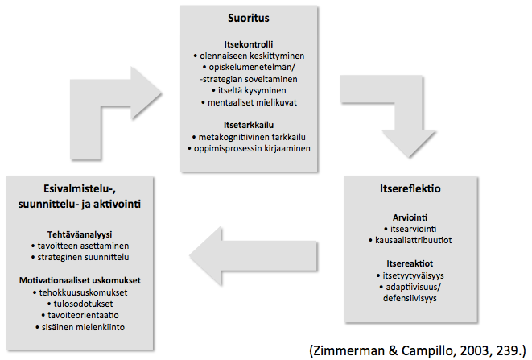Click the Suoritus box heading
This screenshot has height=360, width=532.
249,18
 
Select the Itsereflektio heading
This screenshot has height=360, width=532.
410,188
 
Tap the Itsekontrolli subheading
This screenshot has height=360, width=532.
249,44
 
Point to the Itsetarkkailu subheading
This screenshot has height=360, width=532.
249,125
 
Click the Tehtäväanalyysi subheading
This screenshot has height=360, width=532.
80,234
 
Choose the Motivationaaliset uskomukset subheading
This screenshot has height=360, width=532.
80,280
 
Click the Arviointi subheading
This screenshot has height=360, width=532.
410,217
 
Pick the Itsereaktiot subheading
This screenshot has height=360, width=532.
410,263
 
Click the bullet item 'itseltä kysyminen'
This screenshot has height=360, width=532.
249,91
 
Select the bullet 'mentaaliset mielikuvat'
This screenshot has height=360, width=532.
249,102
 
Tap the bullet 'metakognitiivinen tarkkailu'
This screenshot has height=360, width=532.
249,137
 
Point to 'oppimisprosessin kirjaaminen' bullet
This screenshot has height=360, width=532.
249,149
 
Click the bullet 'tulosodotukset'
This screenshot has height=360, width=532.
80,304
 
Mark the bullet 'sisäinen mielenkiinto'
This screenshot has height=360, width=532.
80,328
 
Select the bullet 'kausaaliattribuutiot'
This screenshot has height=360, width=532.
410,241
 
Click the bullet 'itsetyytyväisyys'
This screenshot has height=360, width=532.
410,275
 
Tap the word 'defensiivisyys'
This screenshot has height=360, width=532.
410,299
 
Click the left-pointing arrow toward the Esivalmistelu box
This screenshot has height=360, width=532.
253,256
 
